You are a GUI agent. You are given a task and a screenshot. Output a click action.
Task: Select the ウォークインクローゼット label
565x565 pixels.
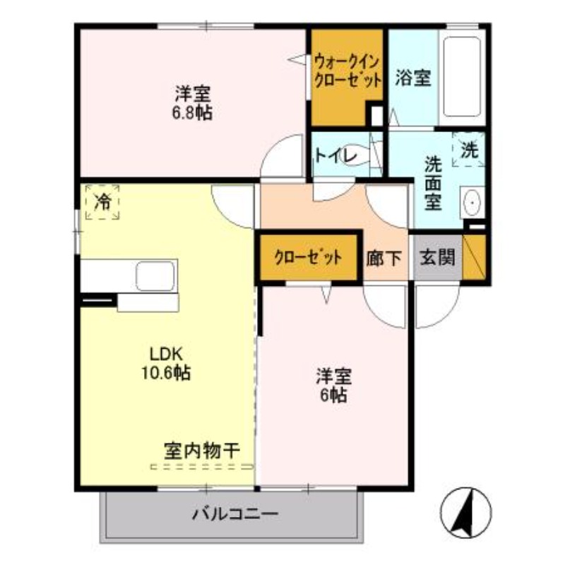coord(347,69)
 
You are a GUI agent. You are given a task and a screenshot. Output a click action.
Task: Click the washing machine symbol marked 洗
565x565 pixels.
coord(469,149)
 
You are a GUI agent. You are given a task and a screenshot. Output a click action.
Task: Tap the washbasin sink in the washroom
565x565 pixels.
coord(471,202)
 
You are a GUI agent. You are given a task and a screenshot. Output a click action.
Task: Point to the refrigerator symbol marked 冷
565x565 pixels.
coord(103,202)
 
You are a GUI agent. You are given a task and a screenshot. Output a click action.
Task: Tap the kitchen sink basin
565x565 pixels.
coord(155,275)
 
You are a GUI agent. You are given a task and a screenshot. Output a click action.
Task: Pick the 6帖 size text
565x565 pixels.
coord(333,395)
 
